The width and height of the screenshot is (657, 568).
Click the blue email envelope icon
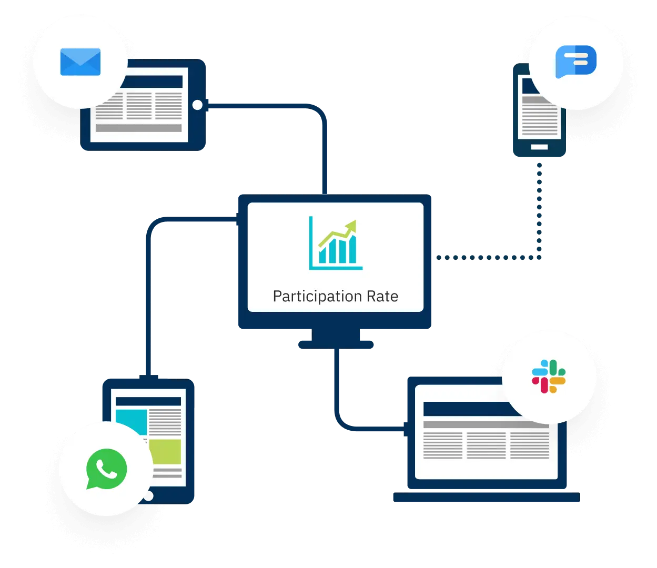80,62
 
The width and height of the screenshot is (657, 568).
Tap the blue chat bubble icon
576,62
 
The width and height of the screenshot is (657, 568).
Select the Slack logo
549,377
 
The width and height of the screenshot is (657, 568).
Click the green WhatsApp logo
106,469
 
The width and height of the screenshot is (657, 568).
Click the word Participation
310,296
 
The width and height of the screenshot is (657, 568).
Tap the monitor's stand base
335,344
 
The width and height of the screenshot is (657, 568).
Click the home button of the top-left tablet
197,105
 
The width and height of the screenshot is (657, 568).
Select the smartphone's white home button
539,147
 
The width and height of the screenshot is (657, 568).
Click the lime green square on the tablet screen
165,452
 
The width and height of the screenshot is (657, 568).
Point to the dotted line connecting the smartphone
539,210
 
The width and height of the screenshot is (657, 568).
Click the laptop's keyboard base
486,498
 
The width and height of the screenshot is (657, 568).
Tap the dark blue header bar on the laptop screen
463,409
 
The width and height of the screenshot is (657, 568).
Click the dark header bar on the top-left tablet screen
153,82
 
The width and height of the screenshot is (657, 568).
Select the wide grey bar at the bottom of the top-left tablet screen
138,128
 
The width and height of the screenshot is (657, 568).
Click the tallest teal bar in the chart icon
352,249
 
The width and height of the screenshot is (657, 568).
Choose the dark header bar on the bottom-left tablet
148,401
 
